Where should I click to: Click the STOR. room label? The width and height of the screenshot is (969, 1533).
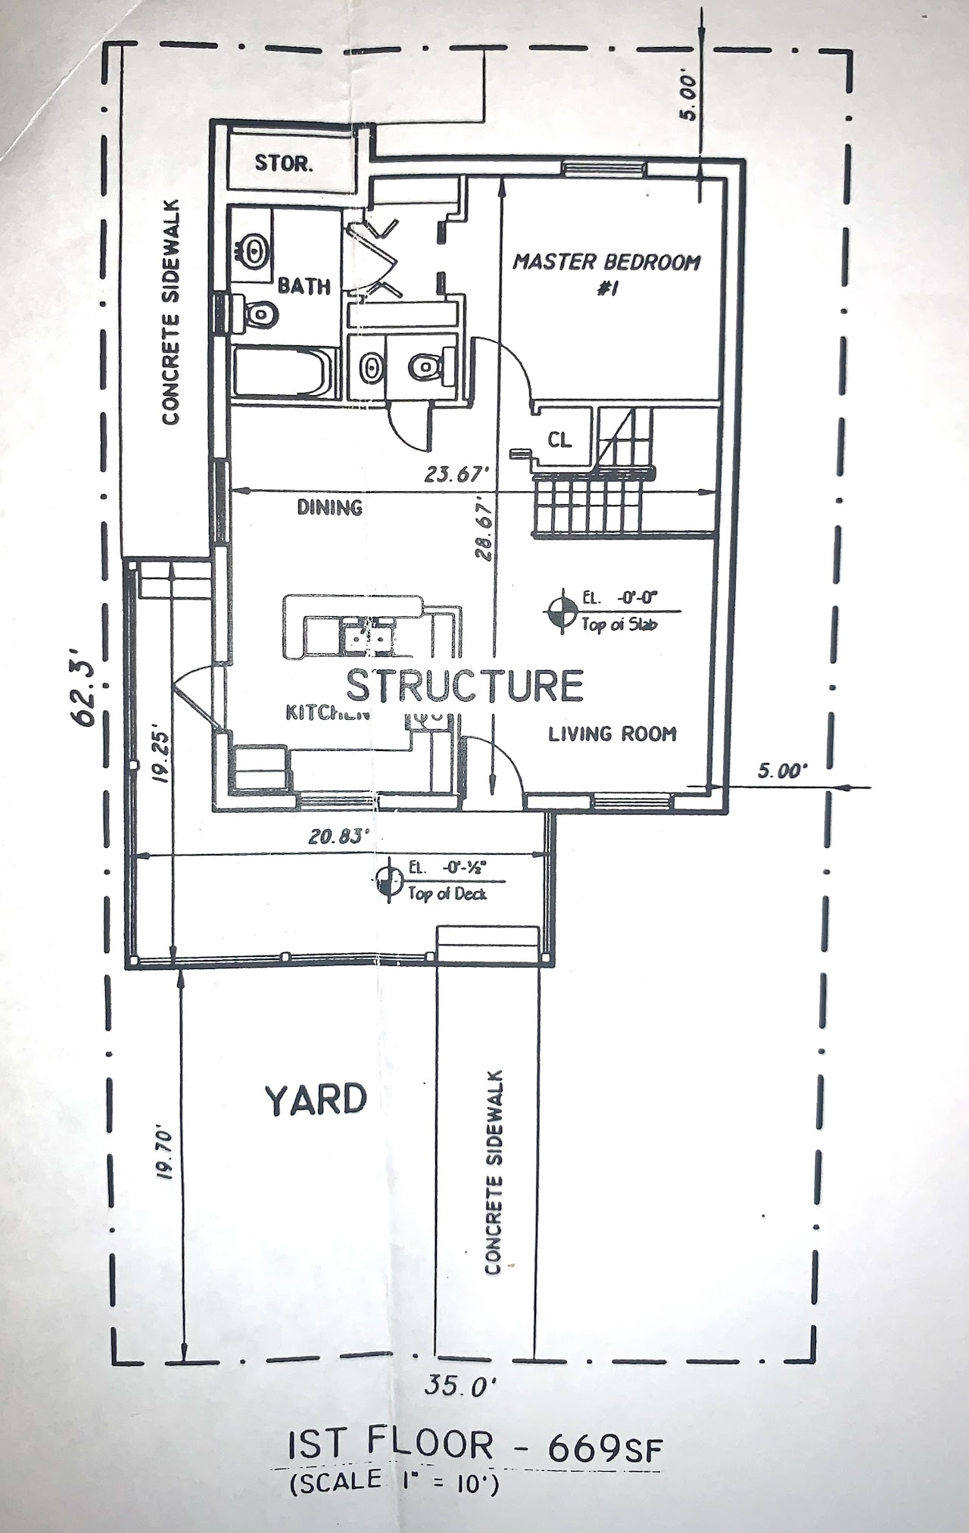pos(283,164)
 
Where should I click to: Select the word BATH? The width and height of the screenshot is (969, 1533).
pos(304,286)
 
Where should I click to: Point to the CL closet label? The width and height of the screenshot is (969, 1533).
pos(560,440)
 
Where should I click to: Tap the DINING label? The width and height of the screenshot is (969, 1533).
pos(329,507)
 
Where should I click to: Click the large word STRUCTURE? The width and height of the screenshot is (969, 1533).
pos(464,686)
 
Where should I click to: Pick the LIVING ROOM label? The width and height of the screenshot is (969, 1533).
pos(612,734)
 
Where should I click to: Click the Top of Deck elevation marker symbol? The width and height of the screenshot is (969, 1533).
pos(389,879)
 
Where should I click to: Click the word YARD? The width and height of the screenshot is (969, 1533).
pos(316,1100)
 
